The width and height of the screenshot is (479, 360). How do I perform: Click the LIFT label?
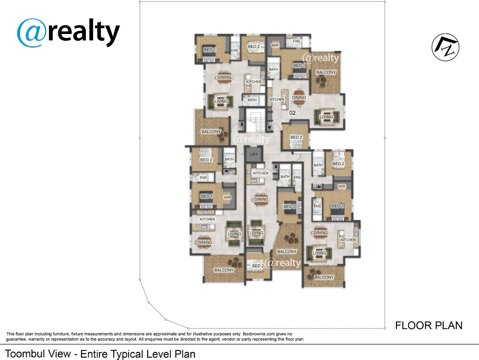coord(253,155)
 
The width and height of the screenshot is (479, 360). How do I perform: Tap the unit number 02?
coord(293,113)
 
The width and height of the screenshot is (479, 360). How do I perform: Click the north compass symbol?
coord(445,47)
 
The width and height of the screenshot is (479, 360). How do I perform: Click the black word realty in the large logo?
coord(83,33)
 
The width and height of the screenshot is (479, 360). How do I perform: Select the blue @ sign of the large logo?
coord(32,33)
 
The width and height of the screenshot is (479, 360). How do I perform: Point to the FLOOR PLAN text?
coord(429,326)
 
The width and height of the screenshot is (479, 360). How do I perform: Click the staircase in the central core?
coord(255,121)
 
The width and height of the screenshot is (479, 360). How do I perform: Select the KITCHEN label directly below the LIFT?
coord(261,173)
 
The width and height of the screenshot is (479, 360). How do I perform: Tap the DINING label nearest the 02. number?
coord(299,97)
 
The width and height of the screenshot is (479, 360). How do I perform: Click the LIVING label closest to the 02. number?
coord(326,117)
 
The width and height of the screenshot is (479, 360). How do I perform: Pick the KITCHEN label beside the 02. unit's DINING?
coord(277,99)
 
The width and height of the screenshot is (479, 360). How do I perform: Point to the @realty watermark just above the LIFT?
coord(251,139)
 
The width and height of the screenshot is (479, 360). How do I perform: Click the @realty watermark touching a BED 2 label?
coord(284,263)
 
